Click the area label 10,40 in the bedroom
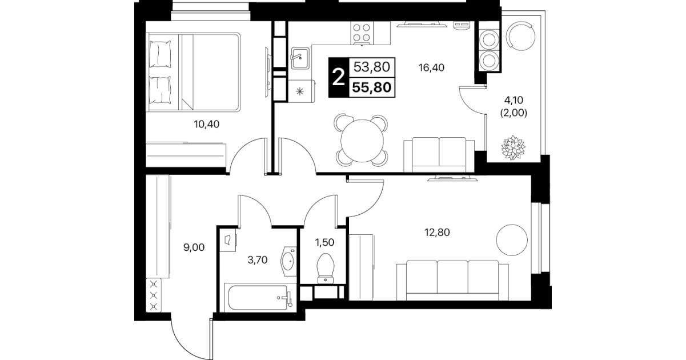tap(206, 124)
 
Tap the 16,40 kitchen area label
tap(431, 67)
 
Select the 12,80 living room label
tap(437, 232)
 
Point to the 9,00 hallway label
tap(194, 247)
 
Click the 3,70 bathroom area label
tap(257, 260)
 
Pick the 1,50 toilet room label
tap(324, 242)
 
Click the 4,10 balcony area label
tap(514, 100)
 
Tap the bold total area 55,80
tap(372, 87)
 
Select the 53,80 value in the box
tap(371, 67)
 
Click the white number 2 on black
tap(338, 78)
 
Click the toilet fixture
tap(326, 269)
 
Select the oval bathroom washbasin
tap(288, 261)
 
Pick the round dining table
tap(362, 141)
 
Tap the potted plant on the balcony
tap(513, 147)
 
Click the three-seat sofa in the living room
tap(452, 281)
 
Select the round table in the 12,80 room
tap(512, 239)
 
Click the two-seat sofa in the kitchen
tap(439, 155)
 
